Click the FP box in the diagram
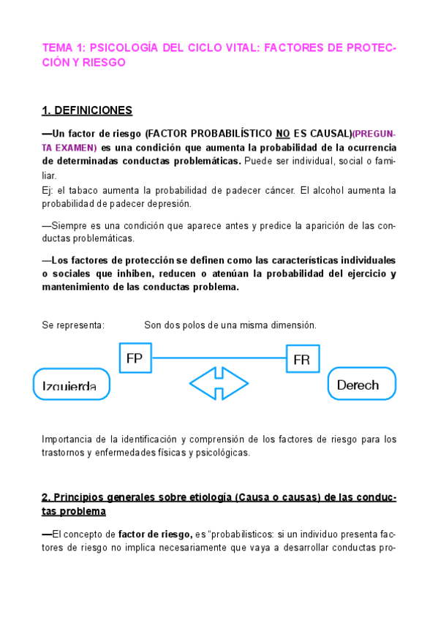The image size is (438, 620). tap(135, 358)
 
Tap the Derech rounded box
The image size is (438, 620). tap(361, 384)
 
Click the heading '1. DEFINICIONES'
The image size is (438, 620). tap(87, 111)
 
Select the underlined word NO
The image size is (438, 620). tap(283, 135)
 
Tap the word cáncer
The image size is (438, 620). tap(281, 191)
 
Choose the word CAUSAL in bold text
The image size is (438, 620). tap(328, 135)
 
